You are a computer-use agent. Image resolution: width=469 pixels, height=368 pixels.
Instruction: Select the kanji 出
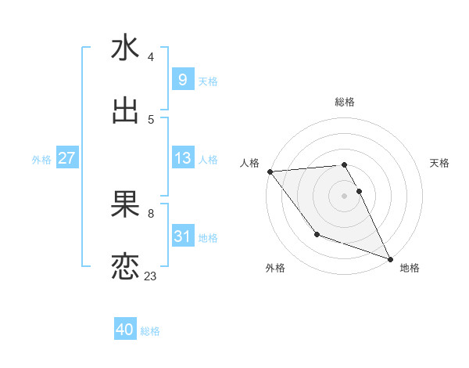click(x=125, y=111)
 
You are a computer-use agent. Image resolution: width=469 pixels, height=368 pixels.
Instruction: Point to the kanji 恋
click(x=125, y=267)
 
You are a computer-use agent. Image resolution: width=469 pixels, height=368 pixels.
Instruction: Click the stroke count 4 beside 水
click(x=150, y=57)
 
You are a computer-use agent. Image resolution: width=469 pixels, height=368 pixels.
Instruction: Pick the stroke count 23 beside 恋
click(x=150, y=276)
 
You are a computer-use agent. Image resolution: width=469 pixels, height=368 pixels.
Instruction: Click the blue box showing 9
click(x=182, y=80)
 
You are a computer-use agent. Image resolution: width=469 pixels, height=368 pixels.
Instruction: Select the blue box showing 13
click(x=182, y=158)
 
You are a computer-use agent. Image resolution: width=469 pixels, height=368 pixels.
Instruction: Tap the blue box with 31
click(x=182, y=236)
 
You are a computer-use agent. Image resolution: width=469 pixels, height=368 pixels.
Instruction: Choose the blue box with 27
click(x=66, y=158)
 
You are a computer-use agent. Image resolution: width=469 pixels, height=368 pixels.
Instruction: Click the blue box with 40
click(x=125, y=330)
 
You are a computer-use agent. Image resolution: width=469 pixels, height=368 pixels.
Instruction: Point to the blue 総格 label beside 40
click(x=150, y=331)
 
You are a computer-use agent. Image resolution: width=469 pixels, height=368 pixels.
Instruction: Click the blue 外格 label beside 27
click(x=41, y=160)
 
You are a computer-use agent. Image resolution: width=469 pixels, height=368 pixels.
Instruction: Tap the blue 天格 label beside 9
click(x=208, y=81)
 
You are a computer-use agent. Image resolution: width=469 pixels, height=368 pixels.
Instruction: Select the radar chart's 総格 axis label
click(x=345, y=102)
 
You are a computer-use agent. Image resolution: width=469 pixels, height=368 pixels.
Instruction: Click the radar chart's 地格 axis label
click(x=410, y=269)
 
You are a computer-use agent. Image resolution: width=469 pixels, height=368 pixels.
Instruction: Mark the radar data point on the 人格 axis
click(x=270, y=171)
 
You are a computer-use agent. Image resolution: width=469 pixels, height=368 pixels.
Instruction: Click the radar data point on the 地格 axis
click(x=390, y=258)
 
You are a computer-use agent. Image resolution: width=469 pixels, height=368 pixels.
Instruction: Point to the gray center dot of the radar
click(x=345, y=195)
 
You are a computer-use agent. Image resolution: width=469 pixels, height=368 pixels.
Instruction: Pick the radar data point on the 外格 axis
click(x=317, y=234)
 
